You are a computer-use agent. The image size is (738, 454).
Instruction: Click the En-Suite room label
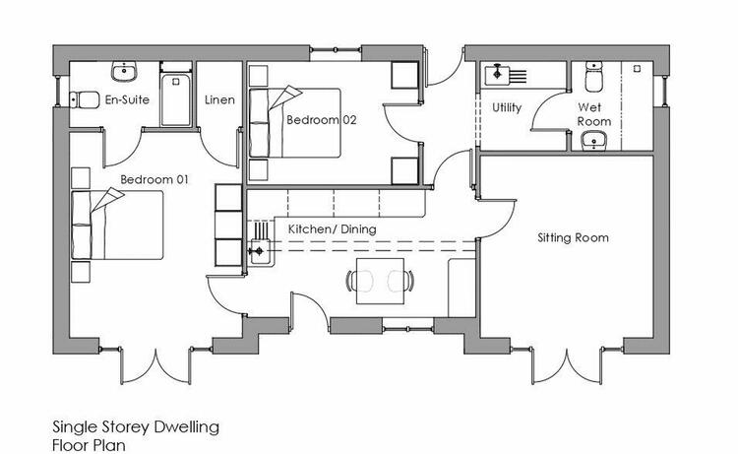[x=127, y=99]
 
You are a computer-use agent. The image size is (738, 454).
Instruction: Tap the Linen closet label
[x=219, y=99]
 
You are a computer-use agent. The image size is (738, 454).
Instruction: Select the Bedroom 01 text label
[x=154, y=179]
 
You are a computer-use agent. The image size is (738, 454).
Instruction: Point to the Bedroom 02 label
[x=322, y=119]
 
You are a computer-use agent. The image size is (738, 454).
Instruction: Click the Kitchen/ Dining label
[x=333, y=229]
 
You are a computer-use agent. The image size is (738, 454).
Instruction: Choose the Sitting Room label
[x=573, y=237]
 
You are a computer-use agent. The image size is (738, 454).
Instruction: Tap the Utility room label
[x=507, y=108]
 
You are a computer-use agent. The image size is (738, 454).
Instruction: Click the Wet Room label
[x=594, y=114]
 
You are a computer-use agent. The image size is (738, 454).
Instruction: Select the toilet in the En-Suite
[x=85, y=99]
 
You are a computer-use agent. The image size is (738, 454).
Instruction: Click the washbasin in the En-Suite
[x=125, y=71]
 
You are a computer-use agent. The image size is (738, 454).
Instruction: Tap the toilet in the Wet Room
[x=594, y=76]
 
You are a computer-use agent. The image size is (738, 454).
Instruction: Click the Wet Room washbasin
[x=594, y=141]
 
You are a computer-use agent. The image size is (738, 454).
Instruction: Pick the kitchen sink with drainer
[x=259, y=243]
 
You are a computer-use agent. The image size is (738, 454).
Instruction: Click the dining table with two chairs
[x=380, y=281]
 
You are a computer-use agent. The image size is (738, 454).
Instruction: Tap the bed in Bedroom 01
[x=117, y=225]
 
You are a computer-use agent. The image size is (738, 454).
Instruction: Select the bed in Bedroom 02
[x=294, y=122]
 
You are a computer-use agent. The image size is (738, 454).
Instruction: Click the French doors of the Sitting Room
[x=567, y=365]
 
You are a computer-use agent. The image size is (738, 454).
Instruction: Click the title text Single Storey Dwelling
[x=136, y=427]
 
